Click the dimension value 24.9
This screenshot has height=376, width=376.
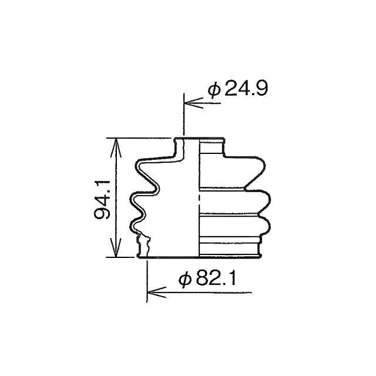click(246, 88)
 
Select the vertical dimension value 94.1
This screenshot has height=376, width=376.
click(102, 200)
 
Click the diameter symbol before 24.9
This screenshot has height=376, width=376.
click(214, 89)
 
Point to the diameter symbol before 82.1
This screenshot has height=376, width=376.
click(186, 279)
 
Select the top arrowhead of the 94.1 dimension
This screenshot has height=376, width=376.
click(116, 148)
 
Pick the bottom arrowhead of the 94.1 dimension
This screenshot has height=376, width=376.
click(116, 247)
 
